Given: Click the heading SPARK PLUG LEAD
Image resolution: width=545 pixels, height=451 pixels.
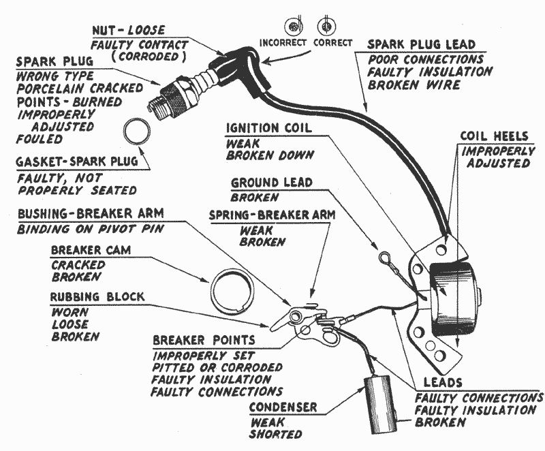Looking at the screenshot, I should coord(422,44).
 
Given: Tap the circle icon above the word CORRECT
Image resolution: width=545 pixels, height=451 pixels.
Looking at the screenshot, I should coord(325,26).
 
